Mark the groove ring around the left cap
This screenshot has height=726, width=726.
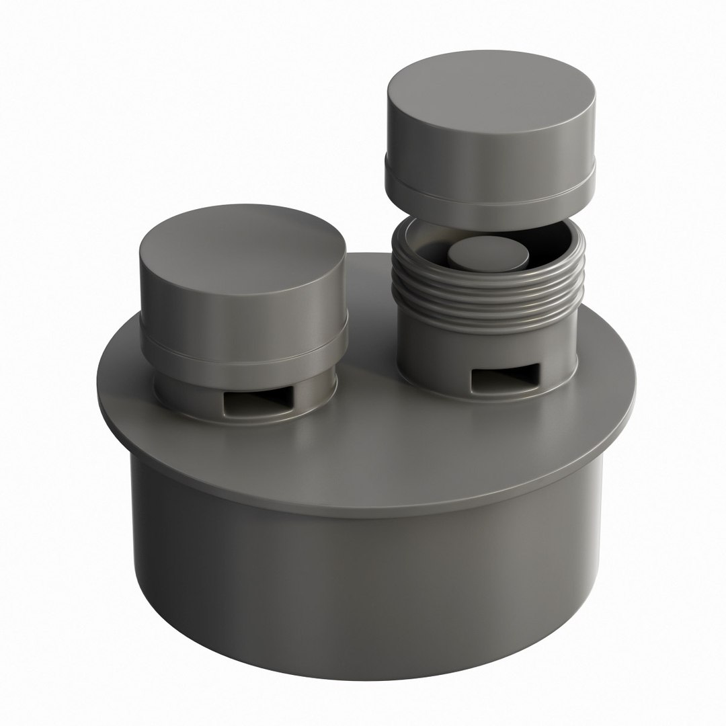pyautogui.click(x=243, y=347)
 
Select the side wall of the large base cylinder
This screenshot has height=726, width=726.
pyautogui.click(x=363, y=578)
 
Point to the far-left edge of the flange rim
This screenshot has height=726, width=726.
pyautogui.click(x=99, y=383)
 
